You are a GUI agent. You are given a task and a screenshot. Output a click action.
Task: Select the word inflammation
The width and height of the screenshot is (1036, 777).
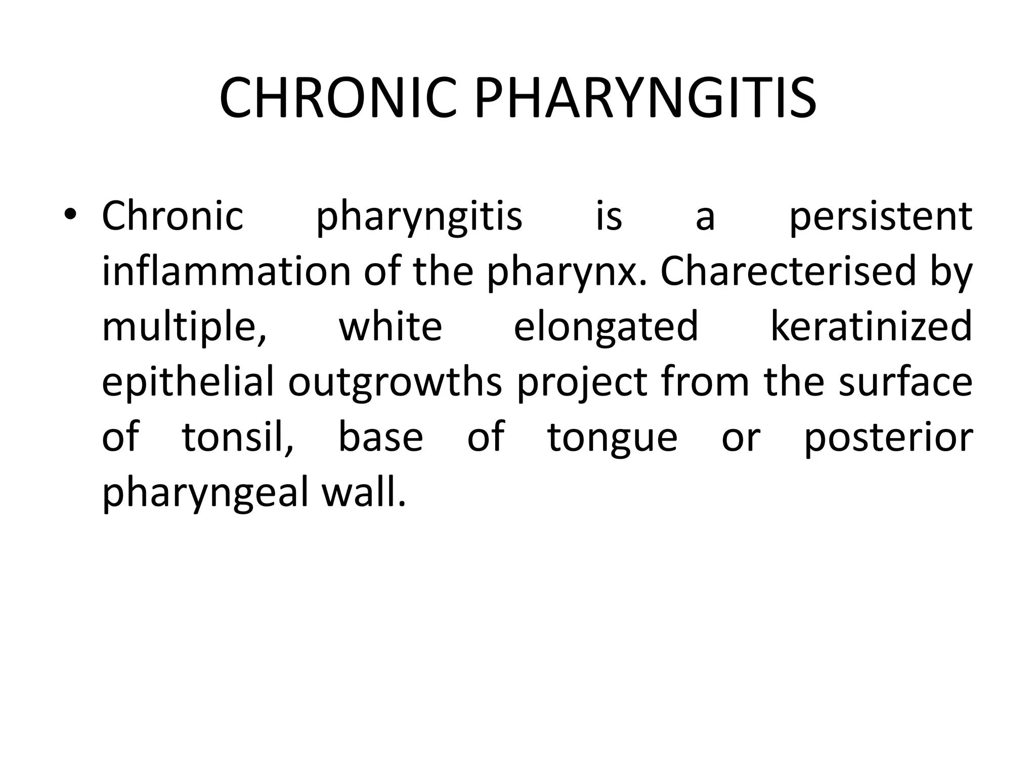pyautogui.click(x=226, y=272)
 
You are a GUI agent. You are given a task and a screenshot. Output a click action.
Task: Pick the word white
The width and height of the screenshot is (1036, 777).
pyautogui.click(x=391, y=327)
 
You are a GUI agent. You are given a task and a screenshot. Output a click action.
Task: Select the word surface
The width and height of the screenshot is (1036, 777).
pyautogui.click(x=905, y=382)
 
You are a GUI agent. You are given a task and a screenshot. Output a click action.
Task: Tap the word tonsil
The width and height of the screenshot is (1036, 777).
pyautogui.click(x=237, y=438)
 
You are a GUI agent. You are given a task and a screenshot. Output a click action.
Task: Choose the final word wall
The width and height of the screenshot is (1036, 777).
pyautogui.click(x=364, y=492)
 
